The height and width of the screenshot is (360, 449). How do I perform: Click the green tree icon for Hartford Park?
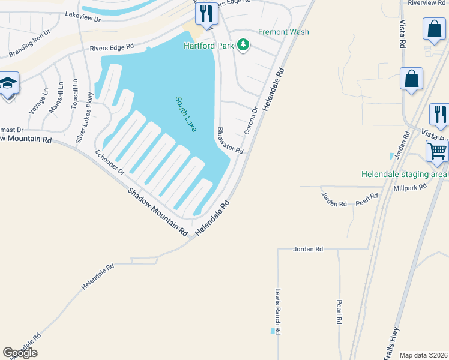click(x=243, y=45)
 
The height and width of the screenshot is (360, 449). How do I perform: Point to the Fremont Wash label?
click(x=283, y=32)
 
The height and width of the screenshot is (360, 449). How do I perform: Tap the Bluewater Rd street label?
click(x=230, y=141)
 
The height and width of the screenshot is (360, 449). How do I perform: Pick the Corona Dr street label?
click(x=250, y=121)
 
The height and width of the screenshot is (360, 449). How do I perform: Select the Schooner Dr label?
click(x=109, y=162)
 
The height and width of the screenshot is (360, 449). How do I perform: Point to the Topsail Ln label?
click(x=74, y=94)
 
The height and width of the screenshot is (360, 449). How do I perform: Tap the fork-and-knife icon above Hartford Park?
click(x=207, y=13)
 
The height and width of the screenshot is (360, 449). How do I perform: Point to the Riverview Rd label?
click(x=428, y=3)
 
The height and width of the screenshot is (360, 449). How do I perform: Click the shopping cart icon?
click(x=437, y=151)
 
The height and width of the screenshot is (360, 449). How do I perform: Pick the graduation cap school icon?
click(x=8, y=82)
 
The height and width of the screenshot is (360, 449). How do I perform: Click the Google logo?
click(x=20, y=353)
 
